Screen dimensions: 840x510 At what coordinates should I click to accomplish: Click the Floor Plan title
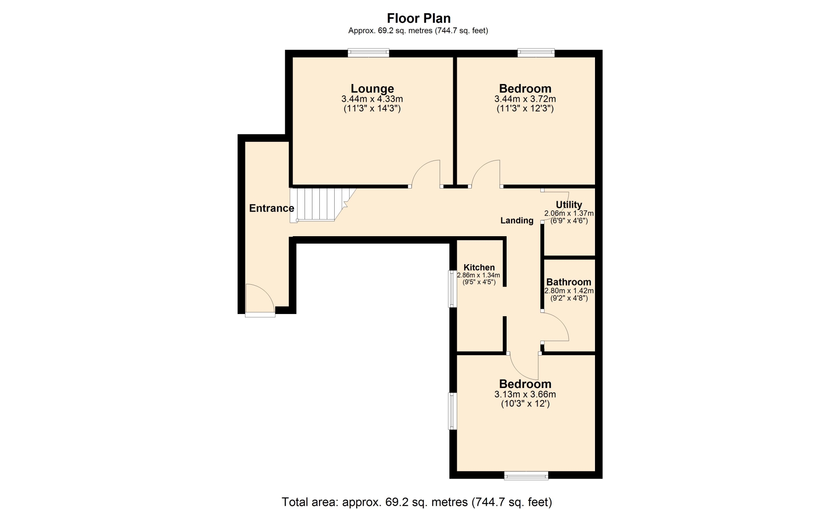[419, 18]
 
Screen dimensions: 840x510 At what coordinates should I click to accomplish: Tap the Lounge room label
[372, 89]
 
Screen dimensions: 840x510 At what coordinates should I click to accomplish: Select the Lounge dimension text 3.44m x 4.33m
[372, 99]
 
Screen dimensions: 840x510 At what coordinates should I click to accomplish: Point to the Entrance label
[272, 208]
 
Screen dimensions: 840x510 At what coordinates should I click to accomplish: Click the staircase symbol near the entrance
[323, 205]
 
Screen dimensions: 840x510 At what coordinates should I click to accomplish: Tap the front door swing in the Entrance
[260, 299]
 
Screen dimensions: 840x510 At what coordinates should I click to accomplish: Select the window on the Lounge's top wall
[368, 53]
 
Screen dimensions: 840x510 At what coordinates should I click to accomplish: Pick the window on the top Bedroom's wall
[536, 53]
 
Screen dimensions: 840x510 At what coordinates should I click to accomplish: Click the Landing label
[517, 220]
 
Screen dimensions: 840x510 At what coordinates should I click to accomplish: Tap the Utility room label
[569, 205]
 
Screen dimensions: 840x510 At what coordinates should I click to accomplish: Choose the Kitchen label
[479, 267]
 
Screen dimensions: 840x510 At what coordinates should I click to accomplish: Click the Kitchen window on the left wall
[453, 289]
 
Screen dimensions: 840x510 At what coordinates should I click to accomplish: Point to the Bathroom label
[569, 282]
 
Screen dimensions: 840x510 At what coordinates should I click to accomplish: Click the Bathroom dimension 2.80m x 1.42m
[569, 291]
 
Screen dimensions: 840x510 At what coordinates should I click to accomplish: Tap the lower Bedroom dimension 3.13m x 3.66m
[525, 395]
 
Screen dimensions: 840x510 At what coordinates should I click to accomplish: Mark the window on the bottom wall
[526, 476]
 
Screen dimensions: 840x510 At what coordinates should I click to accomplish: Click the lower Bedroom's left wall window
[453, 411]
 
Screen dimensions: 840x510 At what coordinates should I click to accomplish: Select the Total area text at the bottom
[417, 502]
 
